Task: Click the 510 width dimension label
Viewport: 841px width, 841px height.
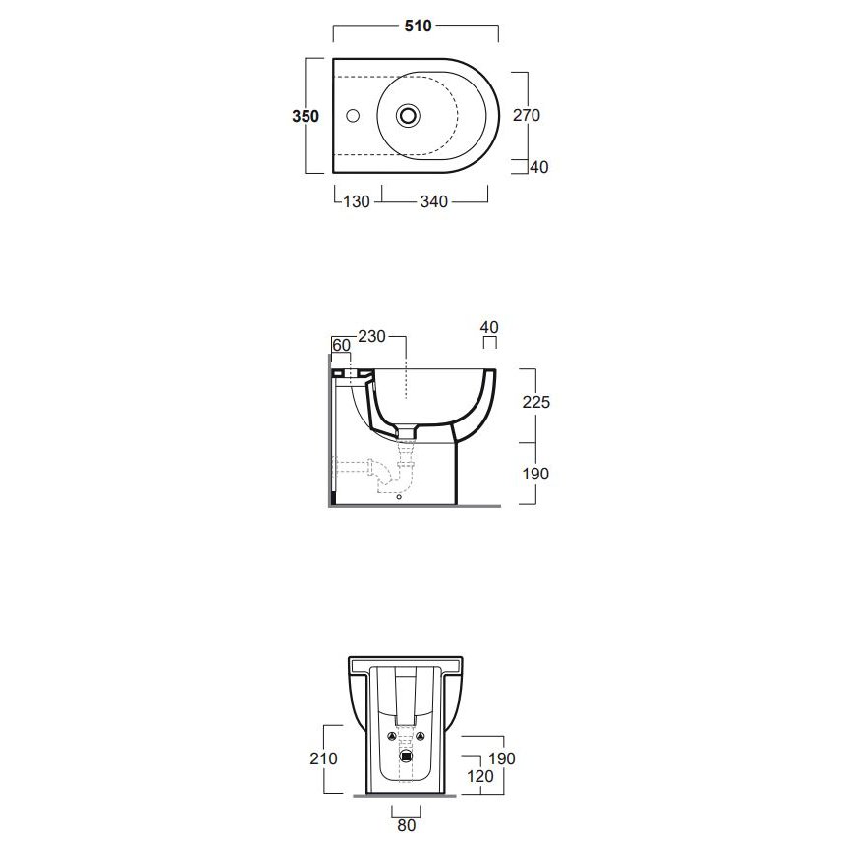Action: pyautogui.click(x=418, y=26)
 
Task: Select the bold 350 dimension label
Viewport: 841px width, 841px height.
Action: pyautogui.click(x=306, y=116)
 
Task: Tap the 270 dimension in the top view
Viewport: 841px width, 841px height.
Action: pyautogui.click(x=527, y=115)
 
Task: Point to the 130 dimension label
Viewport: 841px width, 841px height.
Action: pyautogui.click(x=357, y=201)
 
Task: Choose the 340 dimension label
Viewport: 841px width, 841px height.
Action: pyautogui.click(x=434, y=201)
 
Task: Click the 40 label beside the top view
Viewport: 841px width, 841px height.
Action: pyautogui.click(x=539, y=167)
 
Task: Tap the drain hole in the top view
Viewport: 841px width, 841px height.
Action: pyautogui.click(x=408, y=115)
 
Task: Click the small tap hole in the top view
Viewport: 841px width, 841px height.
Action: pyautogui.click(x=353, y=115)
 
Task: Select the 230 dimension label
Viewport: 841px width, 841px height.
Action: pyautogui.click(x=371, y=336)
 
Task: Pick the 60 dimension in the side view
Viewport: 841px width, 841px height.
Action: pyautogui.click(x=341, y=345)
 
